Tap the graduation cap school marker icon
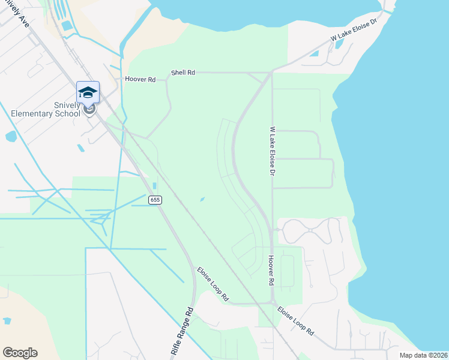(88, 92)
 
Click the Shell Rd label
(183, 73)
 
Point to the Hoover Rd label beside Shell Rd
(140, 79)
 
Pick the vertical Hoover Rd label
(271, 269)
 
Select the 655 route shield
(155, 200)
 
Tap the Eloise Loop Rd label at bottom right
(295, 320)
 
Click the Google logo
(20, 353)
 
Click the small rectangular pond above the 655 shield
(155, 185)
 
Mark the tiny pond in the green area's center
(202, 199)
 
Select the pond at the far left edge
(11, 136)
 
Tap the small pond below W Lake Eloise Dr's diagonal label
(314, 53)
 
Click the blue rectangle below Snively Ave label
(67, 26)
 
